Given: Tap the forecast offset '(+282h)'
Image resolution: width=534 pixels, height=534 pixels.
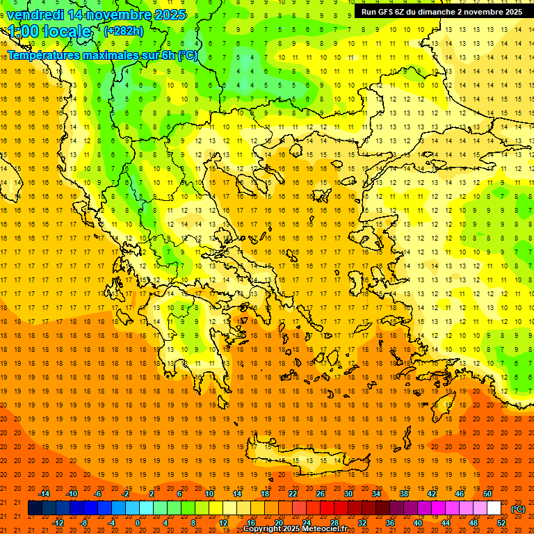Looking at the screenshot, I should (x=124, y=31).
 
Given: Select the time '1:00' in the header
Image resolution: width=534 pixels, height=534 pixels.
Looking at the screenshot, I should (x=23, y=31).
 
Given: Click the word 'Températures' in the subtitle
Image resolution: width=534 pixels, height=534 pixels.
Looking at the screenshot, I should (x=44, y=55).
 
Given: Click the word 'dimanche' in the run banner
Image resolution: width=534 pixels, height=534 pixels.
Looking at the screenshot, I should (x=432, y=12).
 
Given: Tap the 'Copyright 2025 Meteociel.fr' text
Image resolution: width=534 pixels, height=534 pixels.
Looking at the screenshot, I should (x=295, y=529).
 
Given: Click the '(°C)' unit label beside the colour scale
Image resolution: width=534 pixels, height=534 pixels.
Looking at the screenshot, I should (x=518, y=510).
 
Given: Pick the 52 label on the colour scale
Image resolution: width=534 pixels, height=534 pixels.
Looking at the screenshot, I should (x=501, y=523).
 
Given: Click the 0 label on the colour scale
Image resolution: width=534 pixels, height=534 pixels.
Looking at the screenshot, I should (x=138, y=523).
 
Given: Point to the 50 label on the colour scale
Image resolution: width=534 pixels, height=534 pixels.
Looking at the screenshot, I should (x=487, y=494).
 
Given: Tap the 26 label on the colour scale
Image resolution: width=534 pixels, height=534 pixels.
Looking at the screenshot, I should (x=320, y=494).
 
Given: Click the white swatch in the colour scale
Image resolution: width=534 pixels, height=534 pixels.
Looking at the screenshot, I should (x=494, y=508).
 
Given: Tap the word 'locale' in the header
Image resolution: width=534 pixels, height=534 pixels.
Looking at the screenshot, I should (x=66, y=31).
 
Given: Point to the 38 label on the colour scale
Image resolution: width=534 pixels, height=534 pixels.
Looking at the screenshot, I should (x=403, y=494).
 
